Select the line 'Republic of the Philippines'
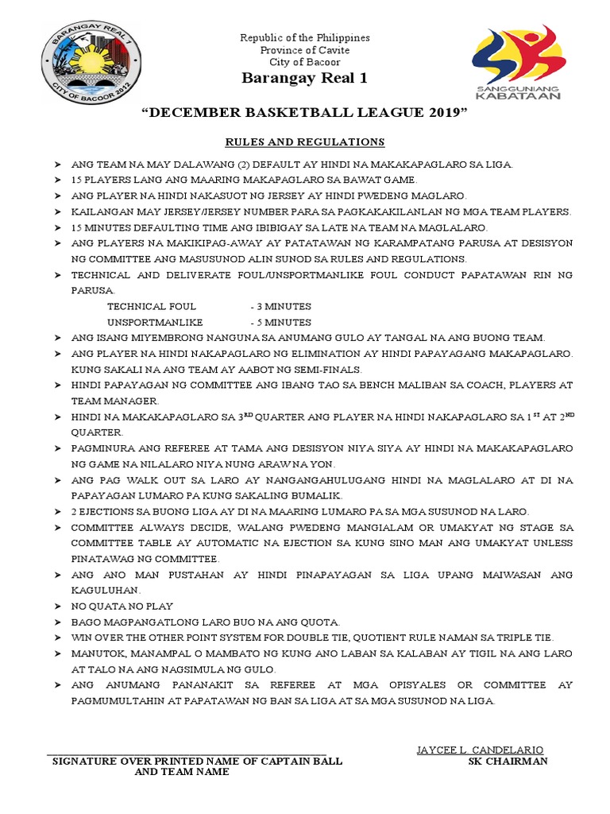click(305, 38)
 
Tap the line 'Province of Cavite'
click(305, 50)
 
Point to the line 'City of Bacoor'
click(305, 62)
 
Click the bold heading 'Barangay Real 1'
click(305, 79)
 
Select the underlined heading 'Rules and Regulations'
click(305, 142)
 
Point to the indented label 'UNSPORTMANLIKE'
click(155, 322)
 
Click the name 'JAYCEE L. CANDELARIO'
click(480, 750)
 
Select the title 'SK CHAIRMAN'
click(508, 761)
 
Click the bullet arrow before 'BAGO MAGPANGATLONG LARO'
click(57, 622)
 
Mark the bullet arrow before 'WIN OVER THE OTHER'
click(57, 638)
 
